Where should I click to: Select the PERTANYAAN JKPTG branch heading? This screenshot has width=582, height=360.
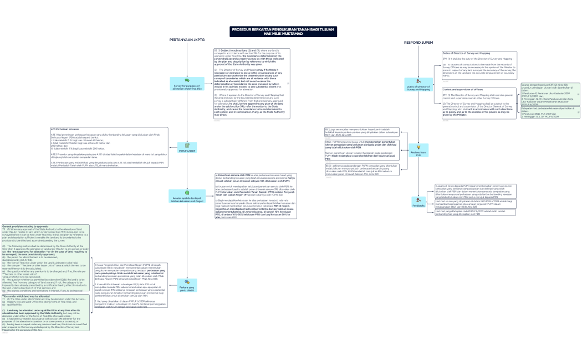click(187, 40)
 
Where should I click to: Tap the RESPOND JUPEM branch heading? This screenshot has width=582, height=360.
click(419, 42)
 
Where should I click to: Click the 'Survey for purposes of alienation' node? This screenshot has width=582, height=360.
click(187, 84)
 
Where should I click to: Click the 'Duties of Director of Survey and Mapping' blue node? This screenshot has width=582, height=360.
click(418, 87)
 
